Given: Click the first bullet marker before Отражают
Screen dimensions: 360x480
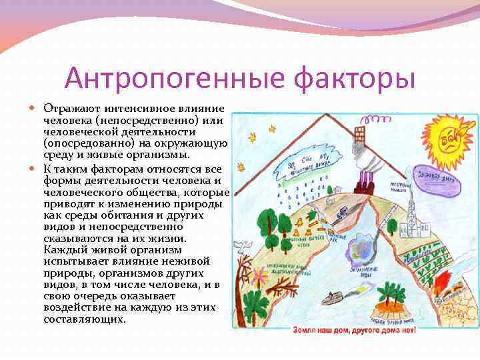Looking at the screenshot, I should tap(37, 108).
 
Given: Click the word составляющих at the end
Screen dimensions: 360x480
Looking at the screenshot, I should tap(84, 319).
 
